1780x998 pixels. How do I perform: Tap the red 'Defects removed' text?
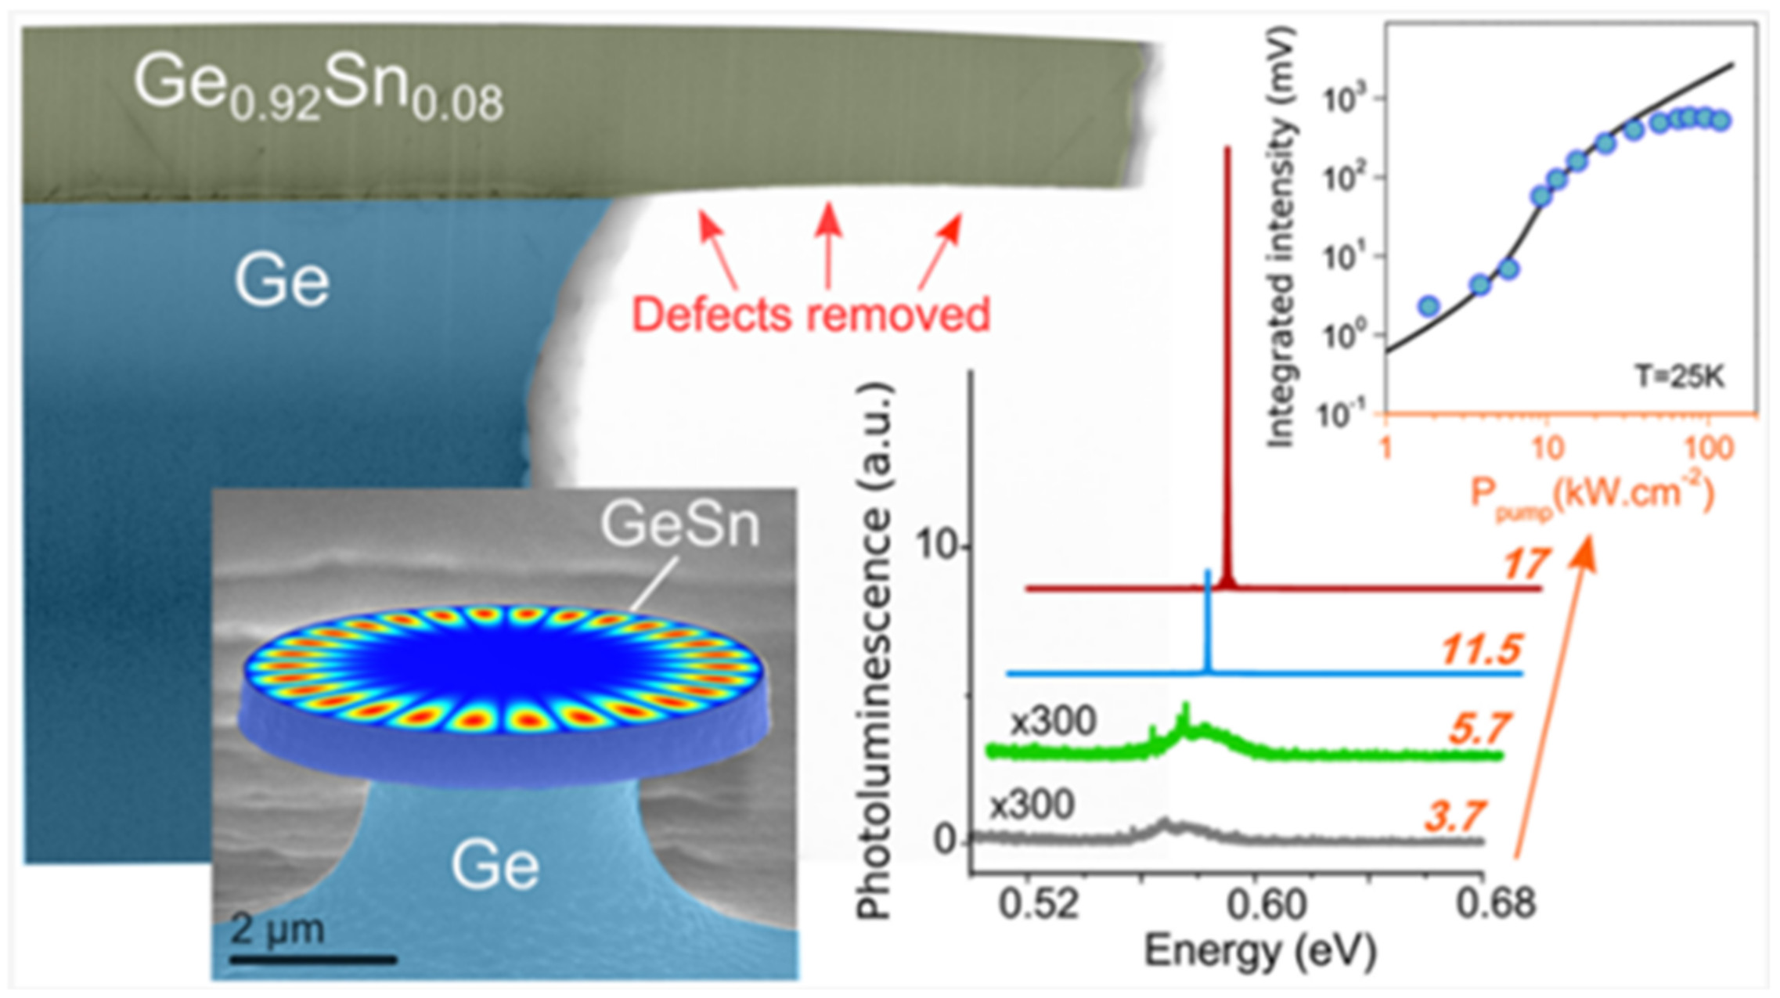pos(811,315)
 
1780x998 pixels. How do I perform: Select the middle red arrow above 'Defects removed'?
pos(828,243)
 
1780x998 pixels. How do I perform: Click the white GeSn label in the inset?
pos(679,525)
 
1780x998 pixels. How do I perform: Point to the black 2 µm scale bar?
pos(313,958)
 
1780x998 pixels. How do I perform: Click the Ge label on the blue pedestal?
pos(495,866)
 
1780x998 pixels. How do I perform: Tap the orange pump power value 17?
pos(1525,564)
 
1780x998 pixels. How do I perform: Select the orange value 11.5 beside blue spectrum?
pos(1481,649)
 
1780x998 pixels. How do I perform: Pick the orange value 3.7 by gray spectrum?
pos(1454,817)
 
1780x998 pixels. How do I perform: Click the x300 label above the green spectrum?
pos(1053,721)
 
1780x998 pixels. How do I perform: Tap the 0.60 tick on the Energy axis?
pos(1267,904)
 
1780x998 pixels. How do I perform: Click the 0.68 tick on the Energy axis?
pos(1495,904)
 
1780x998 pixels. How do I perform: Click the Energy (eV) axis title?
pos(1259,951)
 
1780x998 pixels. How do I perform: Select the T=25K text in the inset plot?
pos(1680,377)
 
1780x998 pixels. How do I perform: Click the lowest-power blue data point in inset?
pos(1429,305)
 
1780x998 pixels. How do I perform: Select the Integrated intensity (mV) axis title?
pos(1281,235)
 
